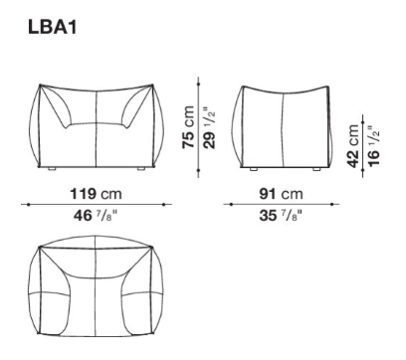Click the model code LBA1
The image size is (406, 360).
[53, 27]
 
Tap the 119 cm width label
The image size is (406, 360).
[96, 194]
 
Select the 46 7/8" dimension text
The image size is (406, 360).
[96, 216]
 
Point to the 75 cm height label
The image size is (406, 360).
[188, 126]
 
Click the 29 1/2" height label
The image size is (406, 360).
[209, 127]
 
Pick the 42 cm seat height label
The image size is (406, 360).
[352, 146]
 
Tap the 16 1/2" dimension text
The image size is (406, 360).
[373, 146]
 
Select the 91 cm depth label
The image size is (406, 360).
[281, 194]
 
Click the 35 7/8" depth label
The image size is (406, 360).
[281, 216]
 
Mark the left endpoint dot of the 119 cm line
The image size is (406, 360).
[29, 205]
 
